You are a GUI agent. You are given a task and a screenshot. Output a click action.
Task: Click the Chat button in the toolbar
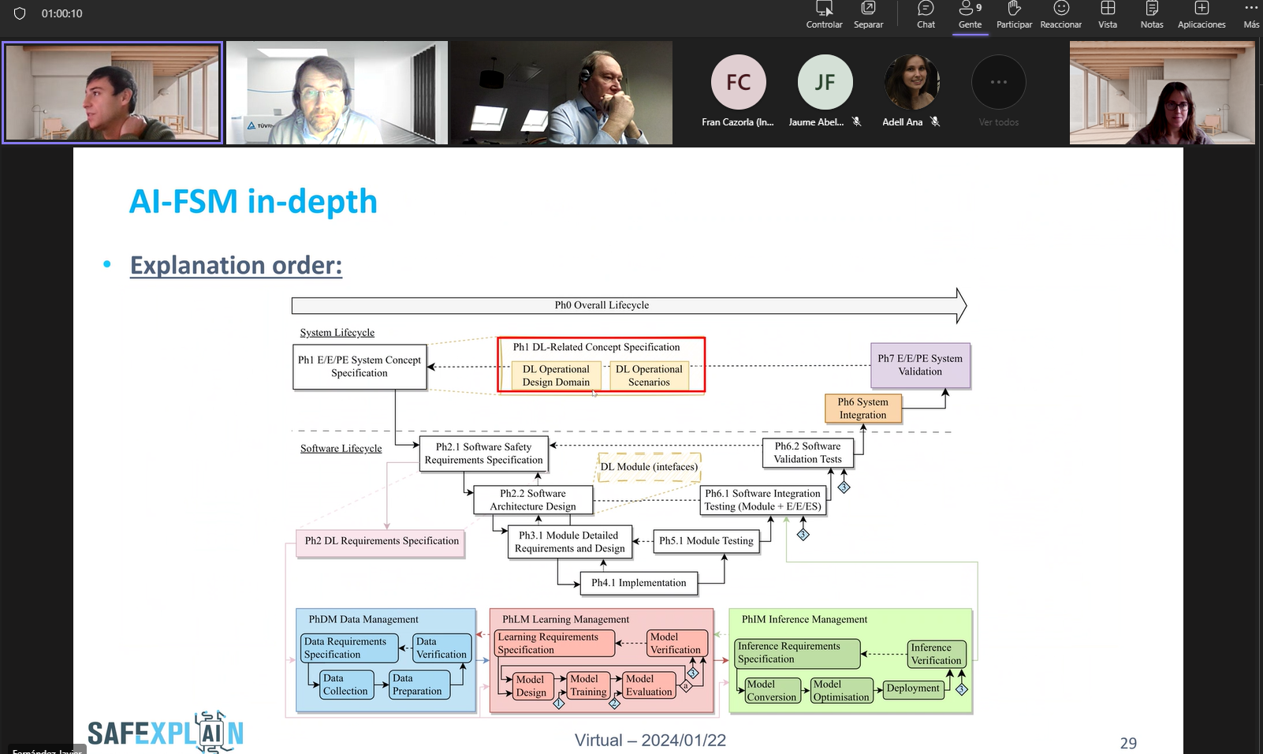pyautogui.click(x=926, y=14)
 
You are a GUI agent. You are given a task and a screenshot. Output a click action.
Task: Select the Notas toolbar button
pyautogui.click(x=1151, y=14)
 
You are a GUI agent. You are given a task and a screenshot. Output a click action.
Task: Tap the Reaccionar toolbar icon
pyautogui.click(x=1060, y=14)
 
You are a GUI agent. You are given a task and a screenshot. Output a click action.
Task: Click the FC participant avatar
pyautogui.click(x=738, y=82)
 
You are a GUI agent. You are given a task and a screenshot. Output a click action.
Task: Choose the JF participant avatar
pyautogui.click(x=825, y=82)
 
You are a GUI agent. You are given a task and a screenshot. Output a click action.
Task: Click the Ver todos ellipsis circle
pyautogui.click(x=998, y=82)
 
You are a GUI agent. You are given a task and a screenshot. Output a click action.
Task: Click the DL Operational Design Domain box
pyautogui.click(x=556, y=375)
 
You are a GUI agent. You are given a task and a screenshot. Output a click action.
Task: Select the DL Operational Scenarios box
pyautogui.click(x=649, y=375)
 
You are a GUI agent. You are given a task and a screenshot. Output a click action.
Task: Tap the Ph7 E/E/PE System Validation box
pyautogui.click(x=920, y=365)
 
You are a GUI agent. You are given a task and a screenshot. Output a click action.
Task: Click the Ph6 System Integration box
pyautogui.click(x=862, y=409)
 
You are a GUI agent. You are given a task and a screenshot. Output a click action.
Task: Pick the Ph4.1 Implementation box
pyautogui.click(x=639, y=583)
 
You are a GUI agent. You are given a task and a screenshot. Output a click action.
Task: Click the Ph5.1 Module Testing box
pyautogui.click(x=706, y=541)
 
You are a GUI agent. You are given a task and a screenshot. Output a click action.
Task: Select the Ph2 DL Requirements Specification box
pyautogui.click(x=382, y=541)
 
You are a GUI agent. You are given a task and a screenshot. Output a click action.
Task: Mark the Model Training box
pyautogui.click(x=588, y=685)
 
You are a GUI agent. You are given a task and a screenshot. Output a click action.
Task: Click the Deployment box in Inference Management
pyautogui.click(x=913, y=689)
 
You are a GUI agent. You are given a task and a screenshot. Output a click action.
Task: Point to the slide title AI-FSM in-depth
pyautogui.click(x=253, y=202)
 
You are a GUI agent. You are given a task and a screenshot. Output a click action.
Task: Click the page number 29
pyautogui.click(x=1128, y=743)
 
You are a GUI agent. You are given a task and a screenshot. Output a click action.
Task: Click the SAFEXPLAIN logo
pyautogui.click(x=166, y=732)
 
